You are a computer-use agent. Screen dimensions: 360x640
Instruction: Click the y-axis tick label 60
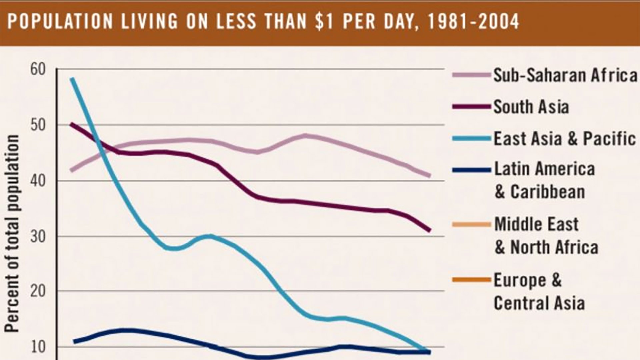(37, 70)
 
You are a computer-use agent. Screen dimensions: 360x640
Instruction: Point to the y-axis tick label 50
(37, 125)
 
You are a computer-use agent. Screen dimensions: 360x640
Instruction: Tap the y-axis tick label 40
(37, 181)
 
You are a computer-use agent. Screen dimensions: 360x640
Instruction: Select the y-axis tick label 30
(37, 237)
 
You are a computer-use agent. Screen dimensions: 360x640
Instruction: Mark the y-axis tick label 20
(37, 291)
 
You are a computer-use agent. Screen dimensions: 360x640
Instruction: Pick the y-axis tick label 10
(37, 347)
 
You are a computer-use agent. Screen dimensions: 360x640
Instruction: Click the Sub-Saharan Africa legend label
(565, 75)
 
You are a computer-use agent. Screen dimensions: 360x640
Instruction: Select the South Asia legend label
(531, 107)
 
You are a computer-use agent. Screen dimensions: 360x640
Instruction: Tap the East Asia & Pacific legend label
(564, 139)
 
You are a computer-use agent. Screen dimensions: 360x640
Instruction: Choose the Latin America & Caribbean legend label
(544, 180)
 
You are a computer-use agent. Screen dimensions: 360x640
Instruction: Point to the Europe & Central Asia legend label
(539, 291)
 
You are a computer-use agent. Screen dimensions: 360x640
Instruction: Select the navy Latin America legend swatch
(471, 170)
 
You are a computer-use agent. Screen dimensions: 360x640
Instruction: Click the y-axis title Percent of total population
(12, 233)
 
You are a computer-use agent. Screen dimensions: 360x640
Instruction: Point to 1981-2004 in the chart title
(473, 22)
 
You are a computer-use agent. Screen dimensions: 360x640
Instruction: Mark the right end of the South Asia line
(430, 230)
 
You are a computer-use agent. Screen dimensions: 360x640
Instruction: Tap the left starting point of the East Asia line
(72, 79)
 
